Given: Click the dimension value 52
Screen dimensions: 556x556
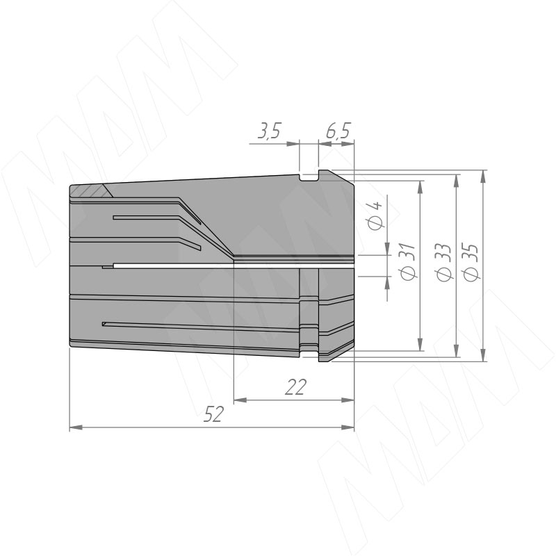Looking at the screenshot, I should [213, 415].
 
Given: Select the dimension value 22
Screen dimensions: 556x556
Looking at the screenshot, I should [296, 388].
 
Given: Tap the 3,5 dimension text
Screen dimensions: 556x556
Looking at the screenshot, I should [268, 132].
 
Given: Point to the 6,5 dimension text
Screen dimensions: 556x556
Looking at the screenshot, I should [338, 132].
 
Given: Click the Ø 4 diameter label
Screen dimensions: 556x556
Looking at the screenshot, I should [375, 216].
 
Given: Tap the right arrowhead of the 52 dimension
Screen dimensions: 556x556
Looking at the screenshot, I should [349, 427].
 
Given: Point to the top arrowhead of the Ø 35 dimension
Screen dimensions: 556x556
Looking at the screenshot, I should [484, 174].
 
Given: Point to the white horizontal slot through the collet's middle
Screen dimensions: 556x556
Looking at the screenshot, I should [229, 265].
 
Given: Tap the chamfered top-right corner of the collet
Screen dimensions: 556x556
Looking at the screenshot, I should [344, 177].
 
